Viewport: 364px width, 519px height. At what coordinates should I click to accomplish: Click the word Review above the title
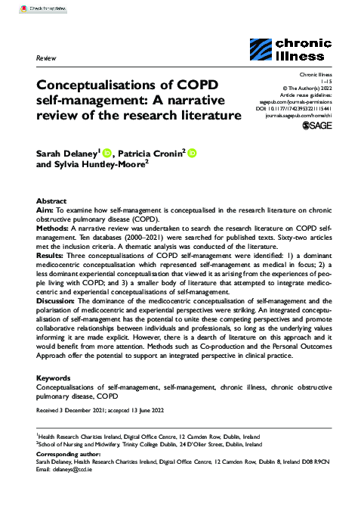(x=46, y=57)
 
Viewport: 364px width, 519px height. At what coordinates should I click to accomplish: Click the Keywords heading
(x=54, y=376)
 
